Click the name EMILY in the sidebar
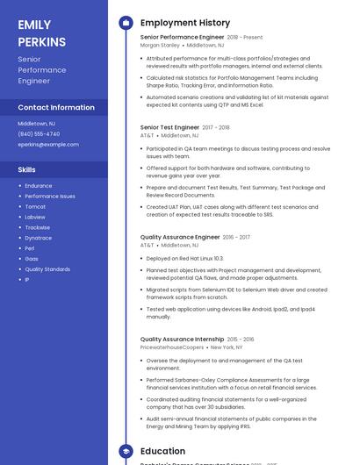pos(34,25)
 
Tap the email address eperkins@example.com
pos(48,144)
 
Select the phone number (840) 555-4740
pos(39,133)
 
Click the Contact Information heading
pos(56,107)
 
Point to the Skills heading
pos(27,169)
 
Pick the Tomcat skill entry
pos(35,206)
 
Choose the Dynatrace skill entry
pos(38,238)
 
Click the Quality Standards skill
pos(47,269)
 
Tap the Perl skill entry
pos(31,248)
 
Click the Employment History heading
pos(184,23)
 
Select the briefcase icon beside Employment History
pos(126,23)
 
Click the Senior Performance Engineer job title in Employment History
pos(182,38)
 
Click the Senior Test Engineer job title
pos(169,127)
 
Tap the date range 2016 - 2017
pos(236,237)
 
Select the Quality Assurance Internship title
pos(182,339)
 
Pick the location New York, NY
pos(227,347)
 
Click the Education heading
pos(162,451)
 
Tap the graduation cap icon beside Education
pos(126,451)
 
